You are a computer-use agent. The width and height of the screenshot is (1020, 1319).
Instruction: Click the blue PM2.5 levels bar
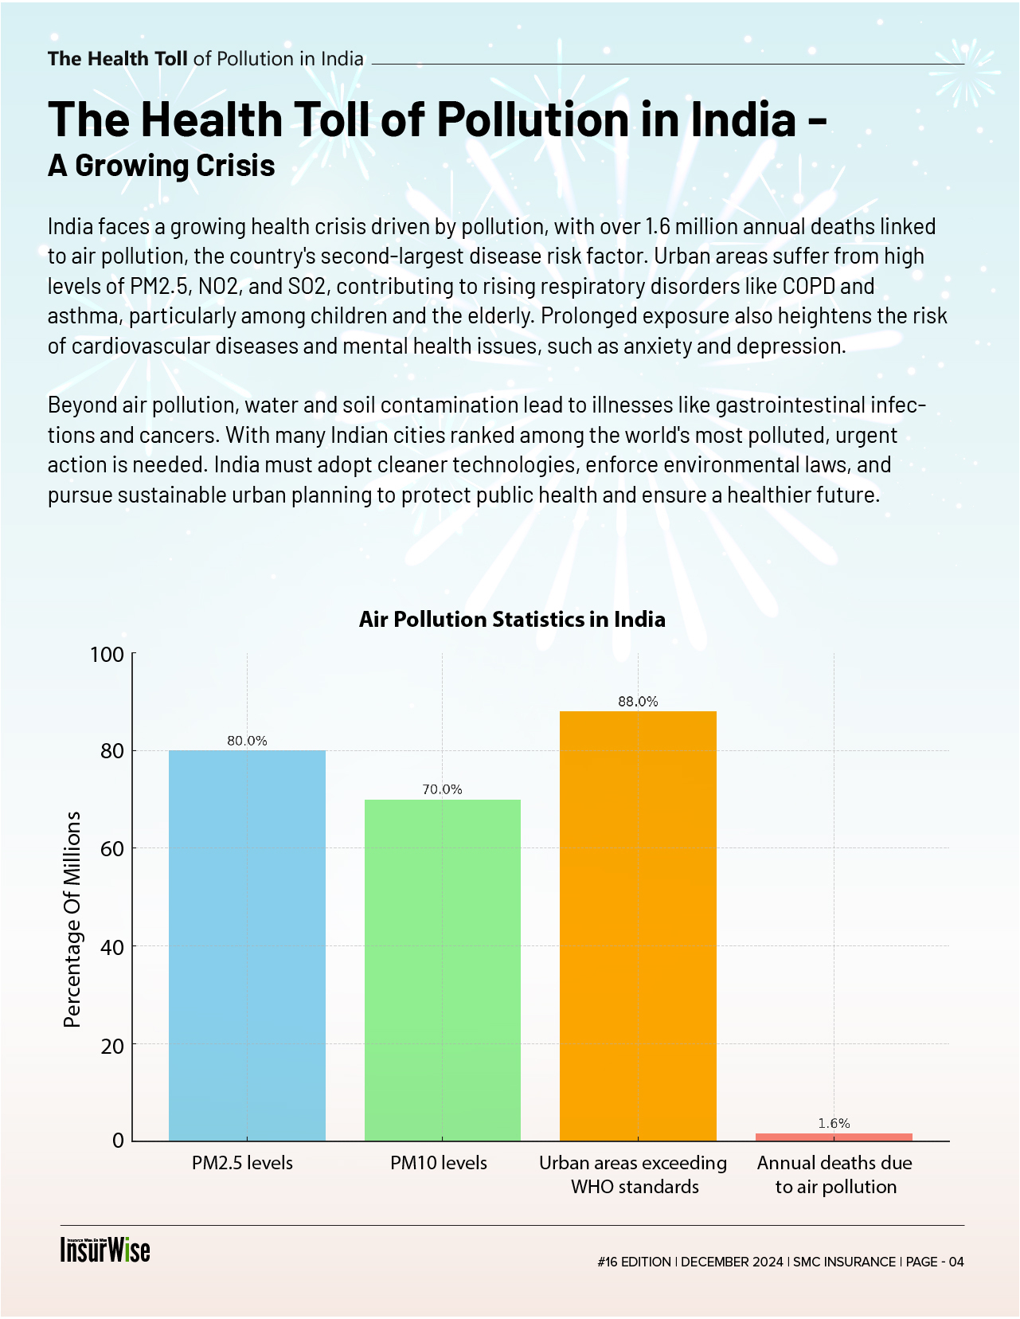coord(247,945)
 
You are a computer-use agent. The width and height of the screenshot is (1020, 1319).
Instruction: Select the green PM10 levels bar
coord(443,969)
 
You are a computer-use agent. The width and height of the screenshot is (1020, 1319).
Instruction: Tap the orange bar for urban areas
coord(638,926)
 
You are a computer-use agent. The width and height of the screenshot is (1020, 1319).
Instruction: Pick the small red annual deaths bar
coord(834,1137)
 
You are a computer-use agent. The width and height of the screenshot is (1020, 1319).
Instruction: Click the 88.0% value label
coord(638,702)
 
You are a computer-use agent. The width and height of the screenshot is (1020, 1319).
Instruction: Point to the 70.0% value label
coord(442,789)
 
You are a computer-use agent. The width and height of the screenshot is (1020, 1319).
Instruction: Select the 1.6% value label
coord(834,1123)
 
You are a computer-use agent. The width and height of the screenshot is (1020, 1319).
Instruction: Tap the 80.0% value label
coord(247,741)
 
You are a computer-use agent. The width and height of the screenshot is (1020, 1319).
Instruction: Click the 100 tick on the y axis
coord(107,655)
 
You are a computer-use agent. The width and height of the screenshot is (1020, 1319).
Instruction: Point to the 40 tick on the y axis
coord(113,947)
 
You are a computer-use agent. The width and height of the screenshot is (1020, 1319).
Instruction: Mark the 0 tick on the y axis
coord(118,1141)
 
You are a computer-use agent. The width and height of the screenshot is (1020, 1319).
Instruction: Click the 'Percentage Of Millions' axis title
coord(72,919)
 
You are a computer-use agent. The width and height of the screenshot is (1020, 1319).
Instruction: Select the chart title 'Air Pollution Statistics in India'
coord(512,620)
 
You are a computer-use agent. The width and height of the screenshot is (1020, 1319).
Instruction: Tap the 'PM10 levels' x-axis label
coord(439,1163)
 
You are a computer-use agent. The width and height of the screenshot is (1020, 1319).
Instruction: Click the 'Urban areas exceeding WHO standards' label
coord(634,1175)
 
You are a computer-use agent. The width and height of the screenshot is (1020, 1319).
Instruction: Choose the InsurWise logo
coord(105,1250)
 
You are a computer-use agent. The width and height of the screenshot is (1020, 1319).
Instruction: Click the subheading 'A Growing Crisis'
coord(162,166)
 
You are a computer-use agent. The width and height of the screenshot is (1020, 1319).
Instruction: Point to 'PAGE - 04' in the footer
coord(935,1262)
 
